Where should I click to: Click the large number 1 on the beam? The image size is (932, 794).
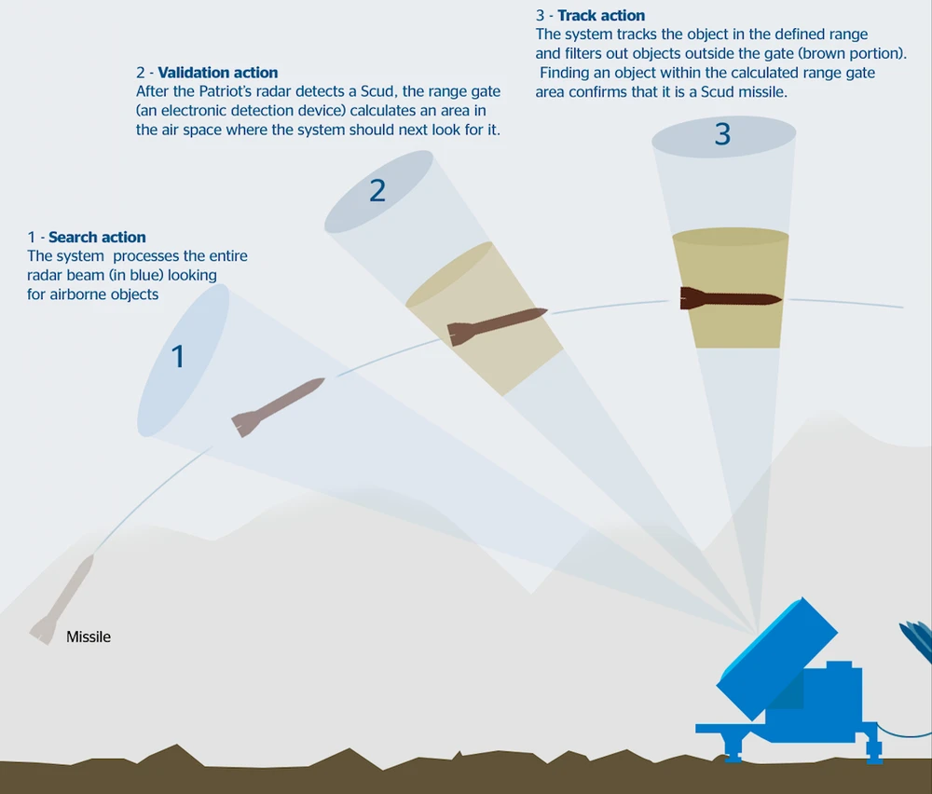(178, 357)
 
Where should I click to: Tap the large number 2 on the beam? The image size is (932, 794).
(377, 190)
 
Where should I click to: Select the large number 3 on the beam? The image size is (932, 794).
(723, 133)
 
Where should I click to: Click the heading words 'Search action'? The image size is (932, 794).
(97, 237)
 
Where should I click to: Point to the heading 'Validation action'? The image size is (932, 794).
(217, 73)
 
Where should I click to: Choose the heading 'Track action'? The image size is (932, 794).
(601, 16)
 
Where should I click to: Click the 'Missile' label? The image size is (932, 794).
(88, 637)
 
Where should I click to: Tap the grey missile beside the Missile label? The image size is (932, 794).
(62, 599)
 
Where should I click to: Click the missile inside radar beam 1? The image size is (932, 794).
(278, 407)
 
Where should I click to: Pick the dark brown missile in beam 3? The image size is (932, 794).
(731, 298)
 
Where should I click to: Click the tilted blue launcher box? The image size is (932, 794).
(777, 658)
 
